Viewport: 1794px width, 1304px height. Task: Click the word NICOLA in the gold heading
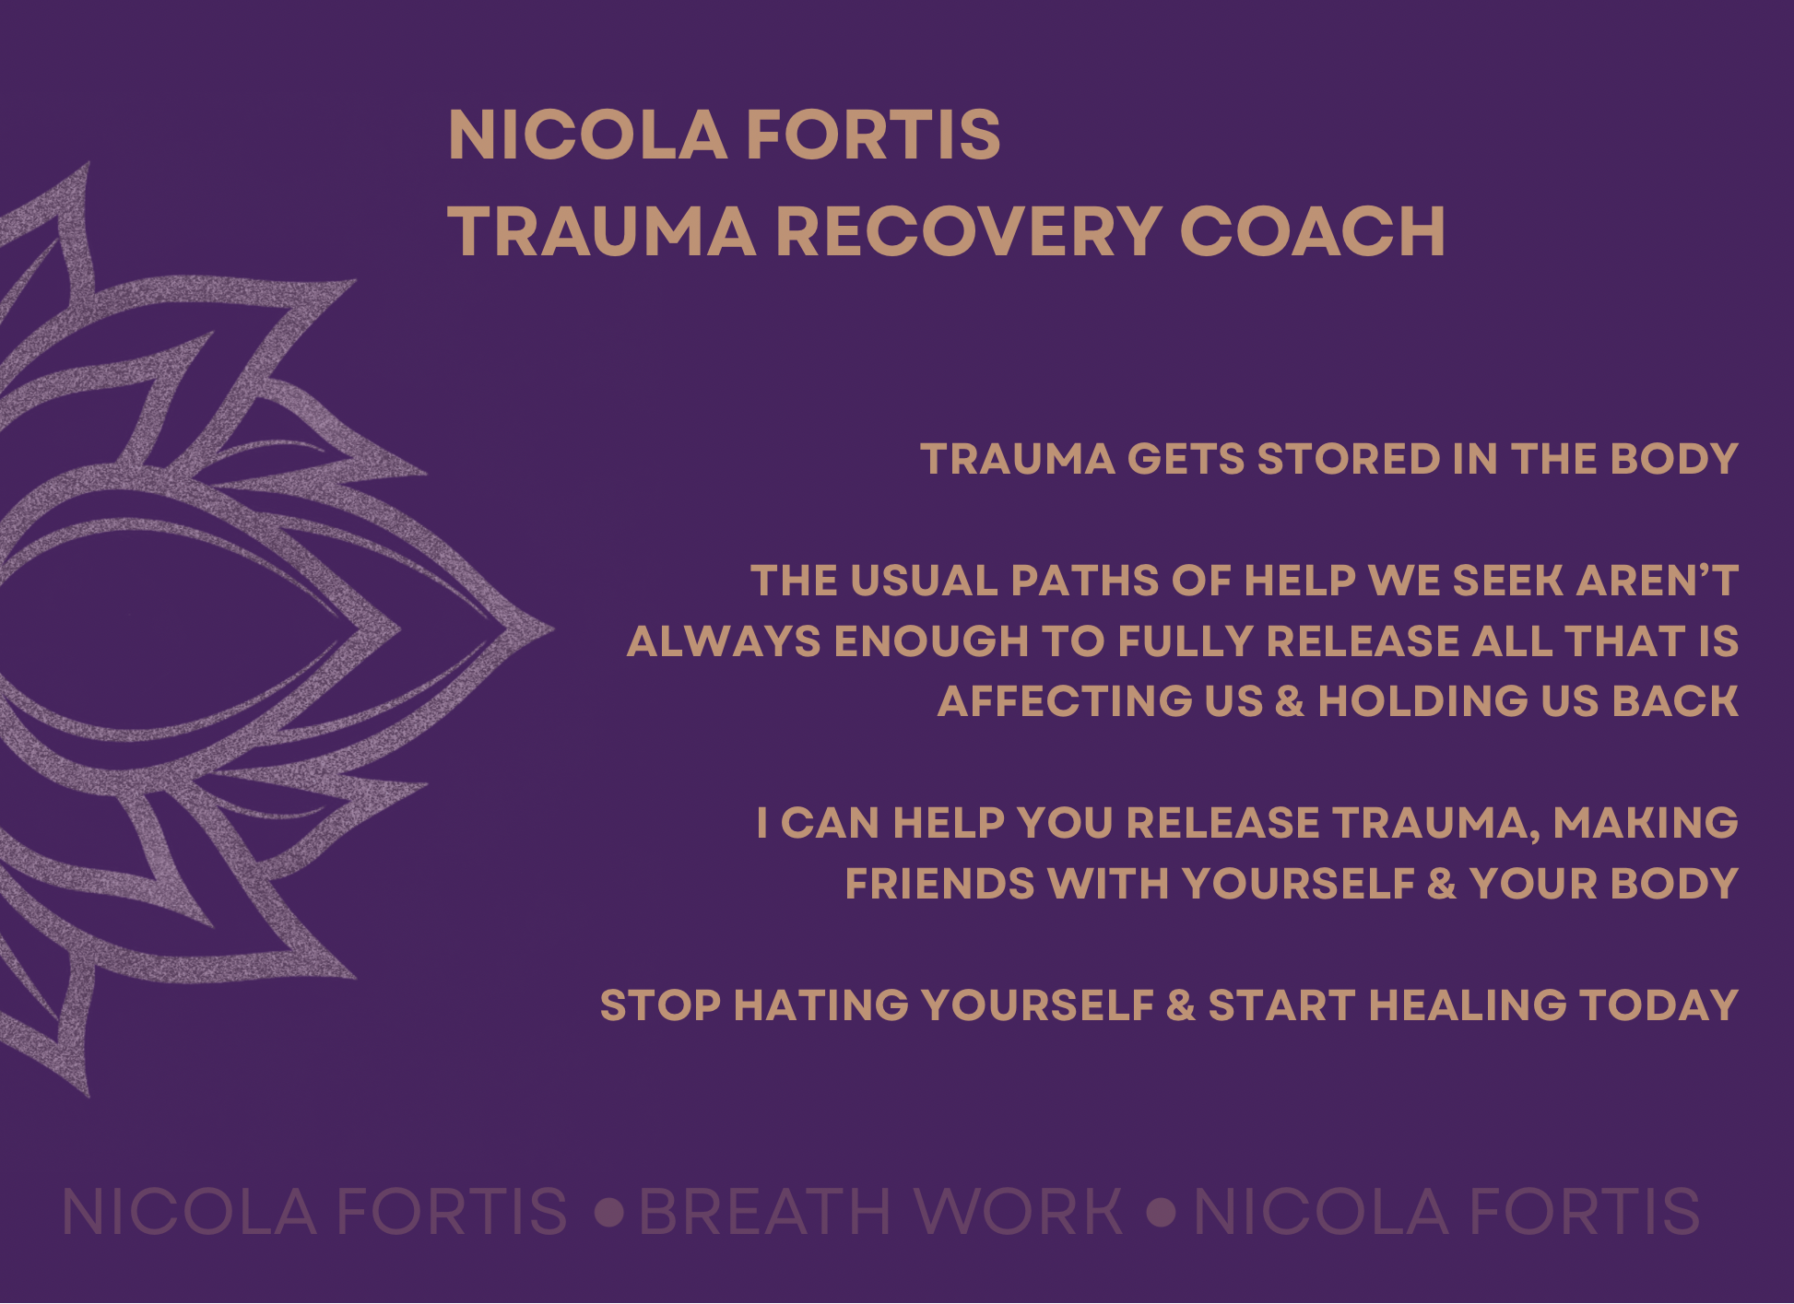pos(587,135)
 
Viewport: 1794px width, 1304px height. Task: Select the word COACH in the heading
pos(1313,231)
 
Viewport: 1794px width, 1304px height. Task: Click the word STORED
pos(1349,459)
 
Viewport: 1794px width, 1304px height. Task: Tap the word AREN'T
pos(1658,581)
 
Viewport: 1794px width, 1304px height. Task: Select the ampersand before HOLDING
pos(1290,701)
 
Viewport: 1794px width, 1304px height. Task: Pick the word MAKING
pos(1646,822)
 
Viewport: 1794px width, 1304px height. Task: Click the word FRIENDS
pos(940,883)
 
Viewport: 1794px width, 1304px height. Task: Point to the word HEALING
pos(1468,1004)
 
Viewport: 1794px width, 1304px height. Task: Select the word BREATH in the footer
pos(765,1211)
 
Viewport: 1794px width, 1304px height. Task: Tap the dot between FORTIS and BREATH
pos(609,1211)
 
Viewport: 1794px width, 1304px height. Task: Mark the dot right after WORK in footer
pos(1163,1211)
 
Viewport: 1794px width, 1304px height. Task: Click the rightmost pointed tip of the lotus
pos(553,629)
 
